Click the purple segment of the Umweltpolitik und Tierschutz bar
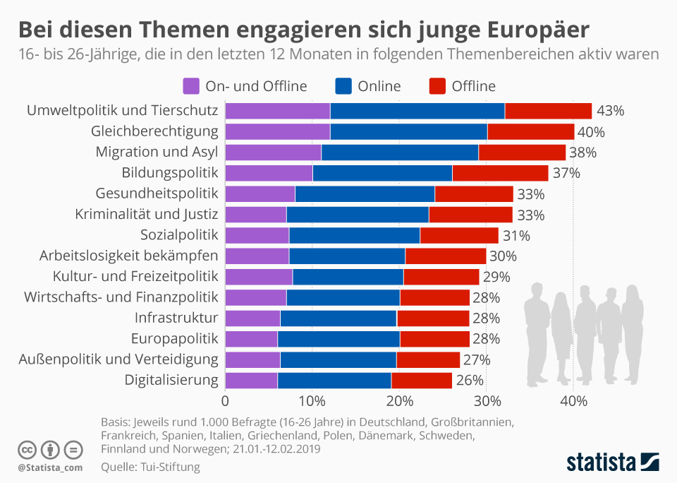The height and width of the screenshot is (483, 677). (278, 111)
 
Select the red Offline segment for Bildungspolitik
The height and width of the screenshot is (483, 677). (500, 173)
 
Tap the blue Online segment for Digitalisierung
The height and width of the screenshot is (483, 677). (334, 380)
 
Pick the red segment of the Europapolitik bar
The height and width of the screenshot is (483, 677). (434, 339)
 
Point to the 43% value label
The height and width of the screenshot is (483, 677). (611, 111)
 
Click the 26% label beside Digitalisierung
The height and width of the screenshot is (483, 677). (470, 380)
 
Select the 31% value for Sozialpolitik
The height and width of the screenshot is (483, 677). (516, 235)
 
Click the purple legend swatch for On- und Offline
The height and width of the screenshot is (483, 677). (191, 86)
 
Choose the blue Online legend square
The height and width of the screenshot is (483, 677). (344, 86)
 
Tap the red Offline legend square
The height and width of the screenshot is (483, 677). (437, 86)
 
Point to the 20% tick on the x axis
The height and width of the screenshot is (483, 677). (399, 402)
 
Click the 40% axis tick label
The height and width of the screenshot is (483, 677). (574, 402)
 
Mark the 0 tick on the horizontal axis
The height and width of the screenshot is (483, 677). (225, 402)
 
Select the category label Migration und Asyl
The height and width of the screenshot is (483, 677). (157, 153)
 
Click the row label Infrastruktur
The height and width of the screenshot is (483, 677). (175, 318)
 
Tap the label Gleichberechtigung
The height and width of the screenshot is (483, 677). (154, 131)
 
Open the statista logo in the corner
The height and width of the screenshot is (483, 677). (613, 463)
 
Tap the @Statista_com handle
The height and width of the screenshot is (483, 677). (50, 467)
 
